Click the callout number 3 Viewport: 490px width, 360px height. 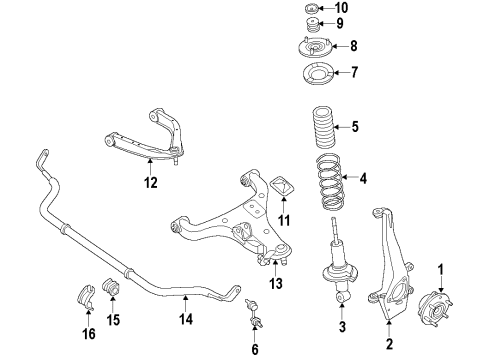pos(342,327)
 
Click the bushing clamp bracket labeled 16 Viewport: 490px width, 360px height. pos(86,297)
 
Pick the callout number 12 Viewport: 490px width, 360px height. pos(150,182)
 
